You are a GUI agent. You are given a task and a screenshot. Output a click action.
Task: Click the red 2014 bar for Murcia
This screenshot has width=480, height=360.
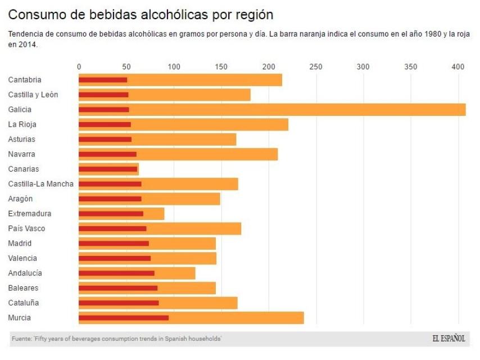tap(124, 318)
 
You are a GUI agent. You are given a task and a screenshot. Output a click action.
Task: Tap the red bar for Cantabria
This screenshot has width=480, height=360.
tap(103, 80)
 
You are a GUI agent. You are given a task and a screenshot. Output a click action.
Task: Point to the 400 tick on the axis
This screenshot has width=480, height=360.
tap(459, 67)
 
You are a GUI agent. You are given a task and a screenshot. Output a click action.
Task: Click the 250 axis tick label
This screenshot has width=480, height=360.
tap(316, 67)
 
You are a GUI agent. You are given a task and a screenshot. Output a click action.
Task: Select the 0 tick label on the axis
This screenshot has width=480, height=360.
tap(79, 67)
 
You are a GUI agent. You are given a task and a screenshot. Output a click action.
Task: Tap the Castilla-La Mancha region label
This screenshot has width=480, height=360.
tap(40, 184)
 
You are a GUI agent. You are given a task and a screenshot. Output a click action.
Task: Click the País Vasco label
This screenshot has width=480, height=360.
tap(26, 228)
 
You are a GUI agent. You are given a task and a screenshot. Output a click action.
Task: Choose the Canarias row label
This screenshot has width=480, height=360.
tap(24, 169)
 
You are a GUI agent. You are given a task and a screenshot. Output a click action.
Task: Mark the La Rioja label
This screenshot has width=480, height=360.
tap(22, 124)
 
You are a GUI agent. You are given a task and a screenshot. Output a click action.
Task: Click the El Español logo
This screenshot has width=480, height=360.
tap(449, 339)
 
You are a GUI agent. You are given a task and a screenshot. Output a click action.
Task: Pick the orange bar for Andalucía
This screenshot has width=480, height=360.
tap(175, 273)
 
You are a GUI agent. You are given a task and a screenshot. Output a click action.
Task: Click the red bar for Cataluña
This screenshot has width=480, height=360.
tap(119, 303)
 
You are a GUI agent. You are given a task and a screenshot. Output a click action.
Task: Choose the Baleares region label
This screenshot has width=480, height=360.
tap(24, 288)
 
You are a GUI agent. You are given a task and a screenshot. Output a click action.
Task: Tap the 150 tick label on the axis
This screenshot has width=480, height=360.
tap(221, 67)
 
